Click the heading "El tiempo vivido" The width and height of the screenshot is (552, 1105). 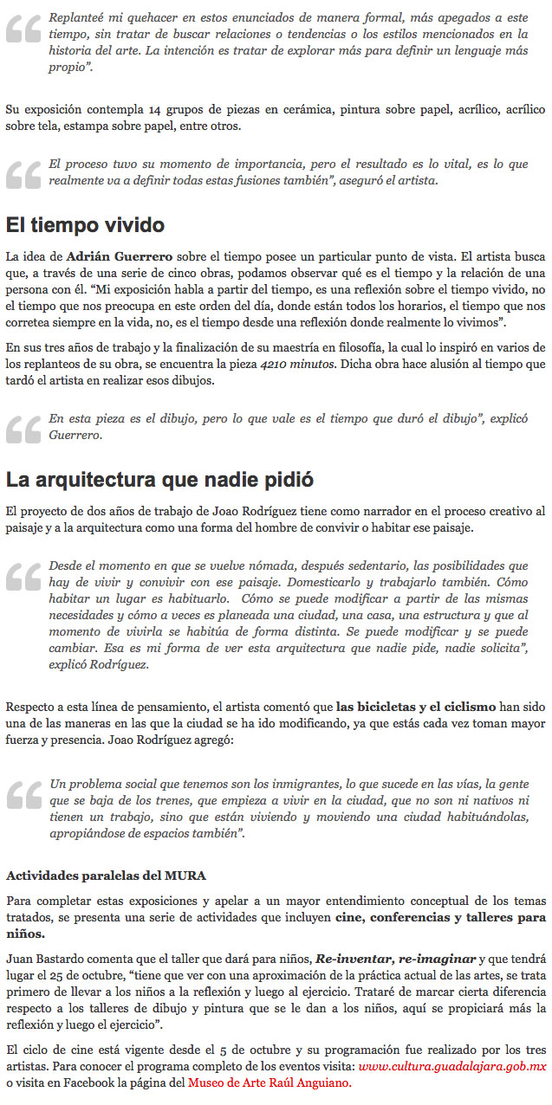85,226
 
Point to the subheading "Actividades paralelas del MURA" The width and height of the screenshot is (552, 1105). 106,875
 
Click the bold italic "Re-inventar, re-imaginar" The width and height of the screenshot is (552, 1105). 395,959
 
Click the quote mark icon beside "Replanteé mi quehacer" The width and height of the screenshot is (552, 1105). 23,30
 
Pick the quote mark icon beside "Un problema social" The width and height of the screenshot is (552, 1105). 23,794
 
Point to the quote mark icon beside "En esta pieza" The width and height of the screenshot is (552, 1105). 23,427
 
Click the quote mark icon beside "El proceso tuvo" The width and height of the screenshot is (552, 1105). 23,173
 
